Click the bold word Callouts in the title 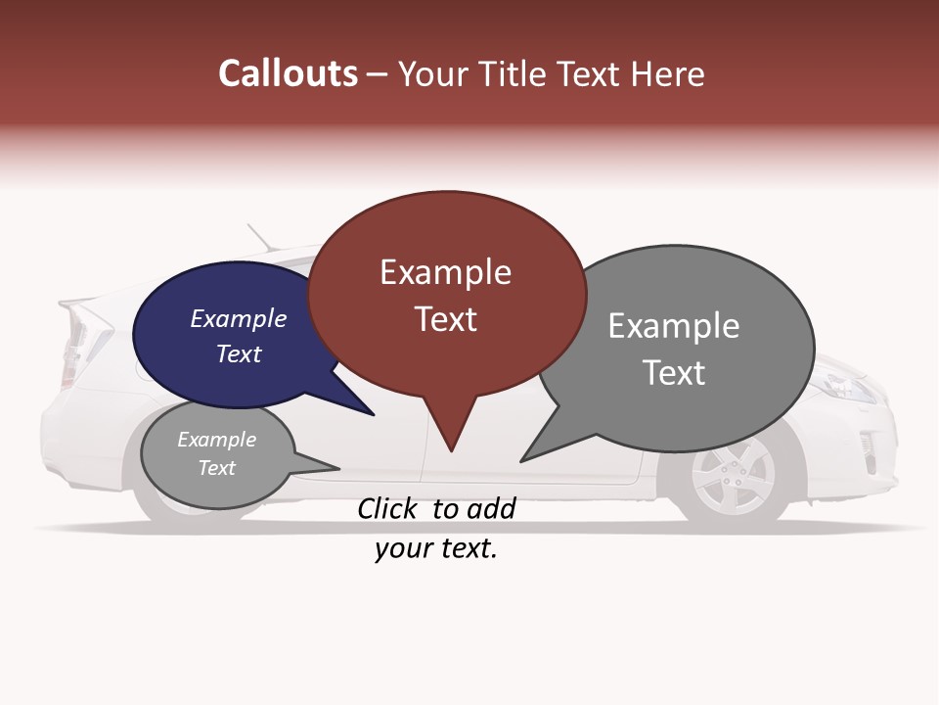(288, 73)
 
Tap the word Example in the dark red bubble (445, 272)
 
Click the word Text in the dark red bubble (446, 319)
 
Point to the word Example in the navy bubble (239, 318)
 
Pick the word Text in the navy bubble (239, 353)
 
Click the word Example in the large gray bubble (674, 325)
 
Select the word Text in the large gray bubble (674, 372)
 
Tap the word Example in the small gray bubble (216, 440)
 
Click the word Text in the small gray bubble (216, 468)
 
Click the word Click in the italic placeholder (391, 508)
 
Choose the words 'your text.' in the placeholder (436, 549)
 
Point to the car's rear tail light (78, 338)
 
